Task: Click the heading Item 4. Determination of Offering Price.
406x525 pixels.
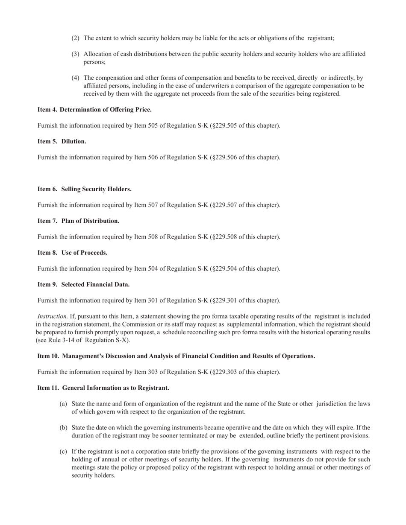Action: pos(94,110)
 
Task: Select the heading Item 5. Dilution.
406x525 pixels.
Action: pos(62,141)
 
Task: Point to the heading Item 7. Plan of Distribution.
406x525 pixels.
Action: pos(78,221)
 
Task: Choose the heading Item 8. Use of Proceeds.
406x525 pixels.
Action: pos(72,253)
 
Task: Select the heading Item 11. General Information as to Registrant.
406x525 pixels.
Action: pos(103,388)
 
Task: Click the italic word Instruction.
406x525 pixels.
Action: pos(53,316)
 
